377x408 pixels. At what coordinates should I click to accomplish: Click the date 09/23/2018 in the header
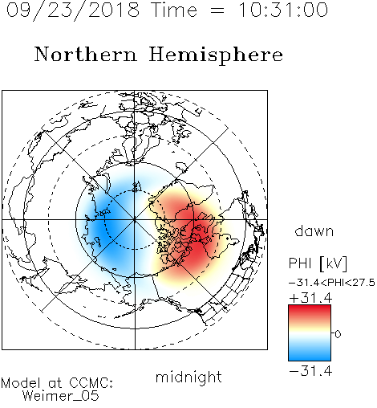coord(73,10)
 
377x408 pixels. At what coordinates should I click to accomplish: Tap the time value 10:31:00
coord(283,10)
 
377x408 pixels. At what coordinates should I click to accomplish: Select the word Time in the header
coord(174,10)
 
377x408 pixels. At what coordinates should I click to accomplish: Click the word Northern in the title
coord(86,54)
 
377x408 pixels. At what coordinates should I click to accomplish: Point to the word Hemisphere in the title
coord(216,55)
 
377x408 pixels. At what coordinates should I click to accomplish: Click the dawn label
coord(314,231)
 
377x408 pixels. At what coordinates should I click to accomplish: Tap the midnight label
coord(188,377)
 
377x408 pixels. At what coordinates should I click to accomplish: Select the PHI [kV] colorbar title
coord(318,263)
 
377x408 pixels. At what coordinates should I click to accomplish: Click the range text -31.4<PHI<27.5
coord(332,283)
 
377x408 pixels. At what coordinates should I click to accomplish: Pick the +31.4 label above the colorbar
coord(310,298)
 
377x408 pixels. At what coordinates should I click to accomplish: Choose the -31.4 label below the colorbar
coord(310,371)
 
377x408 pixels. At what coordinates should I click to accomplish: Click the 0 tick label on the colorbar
coord(338,334)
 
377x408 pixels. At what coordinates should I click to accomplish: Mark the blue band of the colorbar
coord(310,353)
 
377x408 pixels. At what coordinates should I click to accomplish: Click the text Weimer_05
coord(61,396)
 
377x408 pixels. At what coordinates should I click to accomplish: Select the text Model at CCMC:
coord(57,383)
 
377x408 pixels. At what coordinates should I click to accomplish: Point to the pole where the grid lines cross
coord(135,220)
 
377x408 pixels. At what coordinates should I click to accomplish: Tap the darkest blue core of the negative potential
coord(103,227)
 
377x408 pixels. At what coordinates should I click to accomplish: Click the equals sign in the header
coord(217,10)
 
